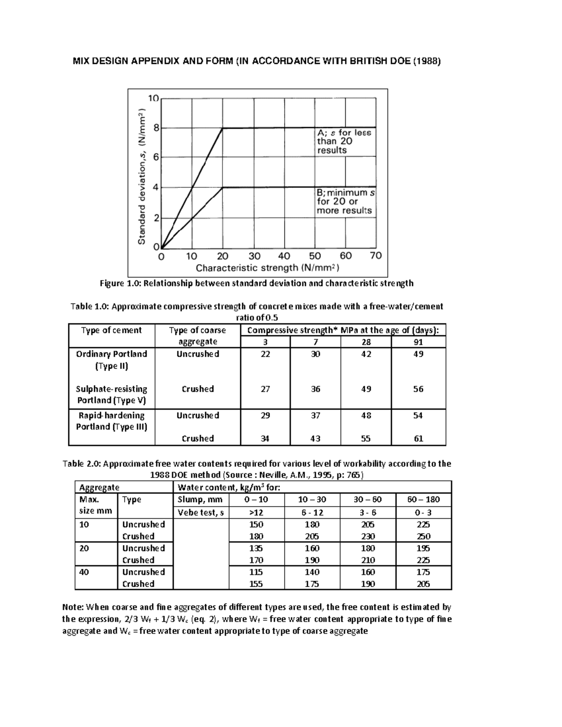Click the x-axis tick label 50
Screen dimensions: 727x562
tap(315, 256)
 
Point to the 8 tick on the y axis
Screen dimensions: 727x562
tap(155, 128)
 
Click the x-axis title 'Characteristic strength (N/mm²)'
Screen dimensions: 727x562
tap(267, 268)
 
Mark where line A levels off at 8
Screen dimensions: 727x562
tap(222, 128)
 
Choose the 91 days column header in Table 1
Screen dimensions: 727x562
tap(418, 342)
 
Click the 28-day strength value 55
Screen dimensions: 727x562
tap(366, 439)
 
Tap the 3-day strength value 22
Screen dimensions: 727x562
tap(265, 354)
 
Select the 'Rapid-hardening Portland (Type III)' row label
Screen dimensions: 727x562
tap(112, 421)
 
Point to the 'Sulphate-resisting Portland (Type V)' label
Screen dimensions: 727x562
tap(112, 395)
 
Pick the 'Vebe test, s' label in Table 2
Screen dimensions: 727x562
tap(201, 512)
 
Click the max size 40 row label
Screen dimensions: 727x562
tap(84, 572)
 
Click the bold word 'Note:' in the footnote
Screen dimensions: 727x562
tap(73, 607)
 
